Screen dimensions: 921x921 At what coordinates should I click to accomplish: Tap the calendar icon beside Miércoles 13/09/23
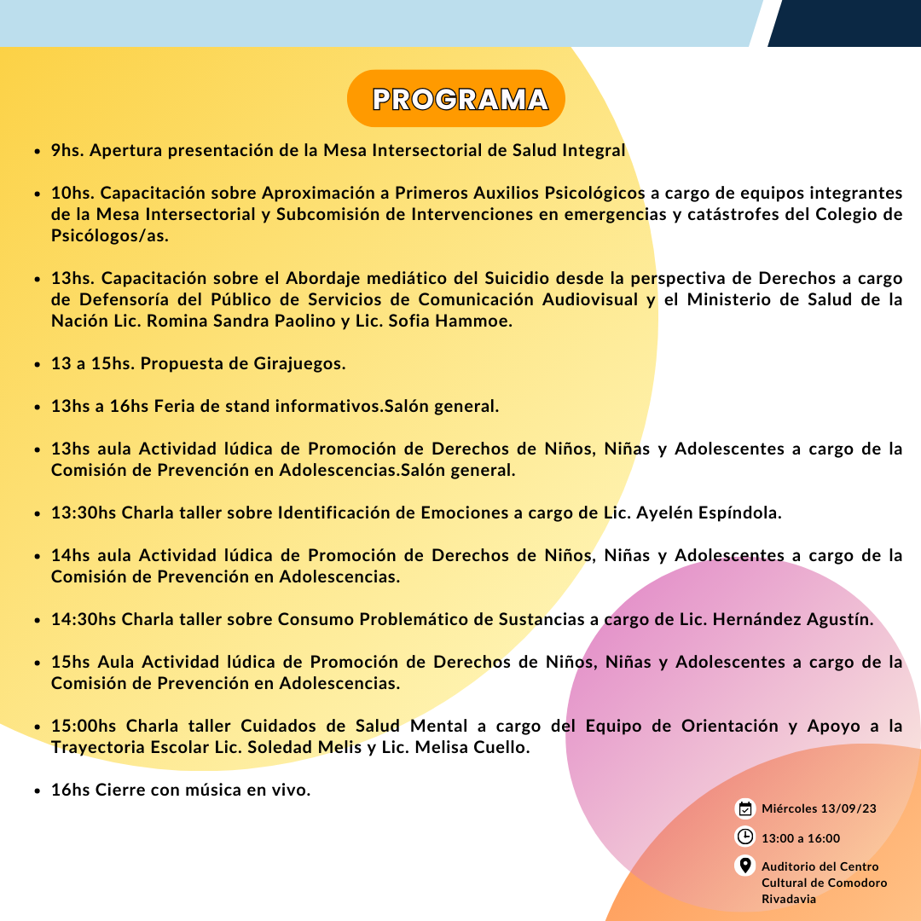point(744,808)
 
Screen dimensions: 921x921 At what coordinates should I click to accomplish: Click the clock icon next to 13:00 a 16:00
point(744,837)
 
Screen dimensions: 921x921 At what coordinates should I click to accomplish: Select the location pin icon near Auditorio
point(744,866)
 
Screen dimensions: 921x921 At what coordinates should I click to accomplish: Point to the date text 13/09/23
point(848,809)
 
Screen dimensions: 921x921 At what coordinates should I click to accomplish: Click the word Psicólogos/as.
point(110,235)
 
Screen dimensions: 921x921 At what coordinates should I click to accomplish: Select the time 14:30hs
point(84,619)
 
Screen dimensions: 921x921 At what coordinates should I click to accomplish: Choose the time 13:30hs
point(84,513)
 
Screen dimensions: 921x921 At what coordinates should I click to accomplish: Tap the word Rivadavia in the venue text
point(789,899)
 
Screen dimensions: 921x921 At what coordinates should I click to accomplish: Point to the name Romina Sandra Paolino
point(248,321)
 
